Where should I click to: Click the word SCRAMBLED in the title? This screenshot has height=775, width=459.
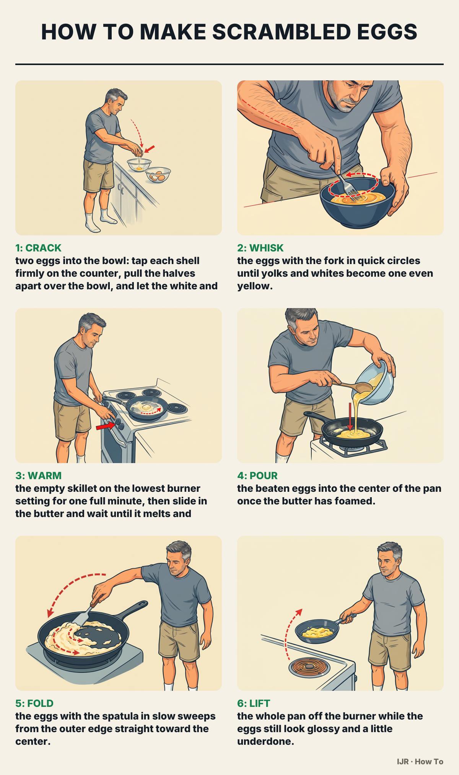(x=281, y=32)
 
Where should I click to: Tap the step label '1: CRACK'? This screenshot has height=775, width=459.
(x=38, y=248)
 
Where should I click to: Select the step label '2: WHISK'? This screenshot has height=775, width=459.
(x=260, y=248)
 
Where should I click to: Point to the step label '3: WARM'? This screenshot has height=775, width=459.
(x=38, y=476)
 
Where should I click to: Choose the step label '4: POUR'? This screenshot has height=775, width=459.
(x=257, y=476)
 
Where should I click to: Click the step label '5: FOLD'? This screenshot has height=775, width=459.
(x=34, y=703)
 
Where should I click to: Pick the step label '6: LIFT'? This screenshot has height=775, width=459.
(x=254, y=703)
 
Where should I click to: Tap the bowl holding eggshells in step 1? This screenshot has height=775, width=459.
(x=158, y=175)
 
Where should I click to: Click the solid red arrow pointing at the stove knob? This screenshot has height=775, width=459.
(x=106, y=426)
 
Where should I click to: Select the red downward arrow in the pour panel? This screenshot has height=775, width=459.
(x=350, y=416)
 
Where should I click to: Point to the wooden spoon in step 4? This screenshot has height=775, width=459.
(x=352, y=385)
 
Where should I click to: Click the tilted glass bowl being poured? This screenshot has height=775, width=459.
(x=373, y=383)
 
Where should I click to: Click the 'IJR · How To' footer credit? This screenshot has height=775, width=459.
(x=420, y=762)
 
